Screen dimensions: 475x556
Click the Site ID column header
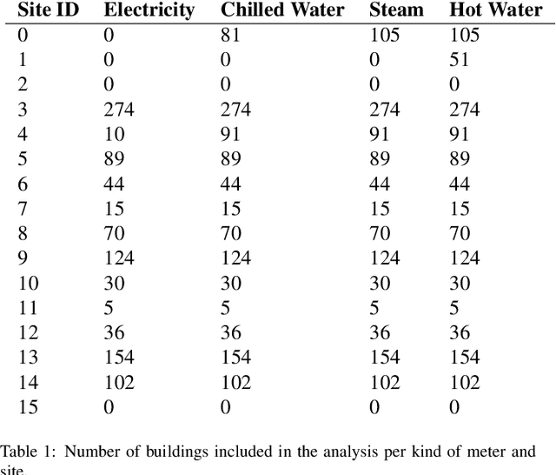[48, 10]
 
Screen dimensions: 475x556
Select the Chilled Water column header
[282, 10]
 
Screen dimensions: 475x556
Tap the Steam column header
[396, 10]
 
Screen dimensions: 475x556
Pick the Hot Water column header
[495, 10]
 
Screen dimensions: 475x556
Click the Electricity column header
[149, 10]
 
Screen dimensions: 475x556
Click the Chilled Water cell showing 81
[230, 36]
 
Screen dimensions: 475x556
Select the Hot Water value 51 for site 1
[459, 60]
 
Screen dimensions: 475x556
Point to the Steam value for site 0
[384, 36]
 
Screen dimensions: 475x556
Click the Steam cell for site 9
[384, 258]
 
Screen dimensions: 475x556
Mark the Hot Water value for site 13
[464, 358]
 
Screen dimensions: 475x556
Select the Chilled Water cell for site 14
[235, 382]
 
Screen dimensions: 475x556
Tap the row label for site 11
[28, 308]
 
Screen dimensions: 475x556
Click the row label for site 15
[28, 407]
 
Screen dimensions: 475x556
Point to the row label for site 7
[23, 209]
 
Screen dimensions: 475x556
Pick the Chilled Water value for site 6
[230, 184]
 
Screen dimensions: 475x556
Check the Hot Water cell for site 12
[459, 333]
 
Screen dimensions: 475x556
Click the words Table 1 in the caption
[25, 452]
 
